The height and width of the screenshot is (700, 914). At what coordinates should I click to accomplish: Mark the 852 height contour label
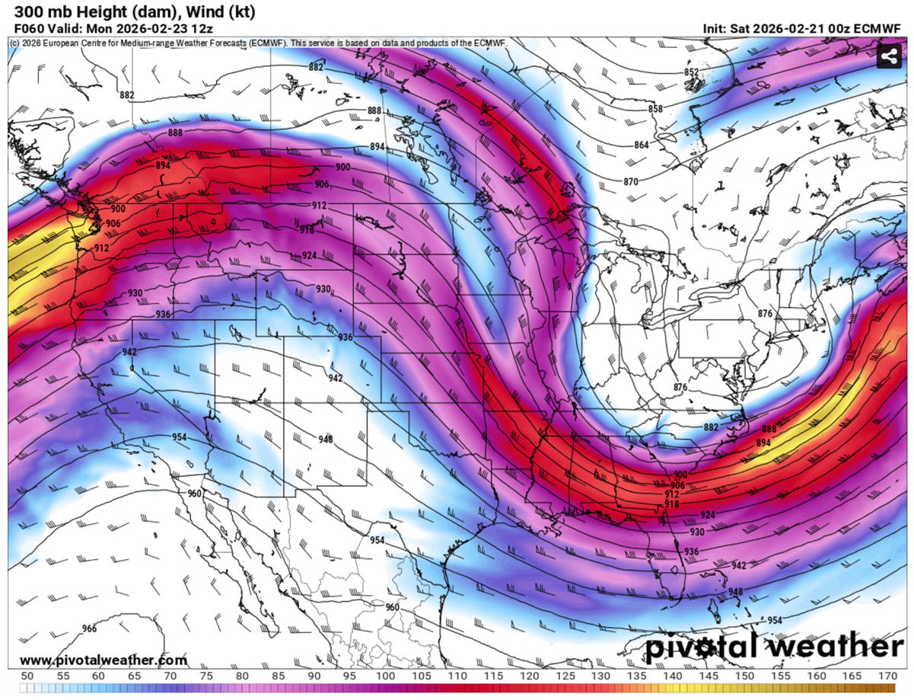coord(691,72)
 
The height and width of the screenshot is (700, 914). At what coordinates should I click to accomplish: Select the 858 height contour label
coord(655,110)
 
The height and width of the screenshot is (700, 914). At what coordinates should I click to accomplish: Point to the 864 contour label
coord(642,145)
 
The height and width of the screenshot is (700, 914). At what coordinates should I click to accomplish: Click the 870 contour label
coord(630,181)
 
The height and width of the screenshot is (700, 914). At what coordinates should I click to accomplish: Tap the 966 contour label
coord(89,628)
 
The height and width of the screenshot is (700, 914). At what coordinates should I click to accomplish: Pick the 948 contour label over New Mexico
coord(326,439)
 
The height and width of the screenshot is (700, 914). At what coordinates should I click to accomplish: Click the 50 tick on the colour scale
coord(27,676)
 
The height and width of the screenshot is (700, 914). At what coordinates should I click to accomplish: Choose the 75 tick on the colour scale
coord(206,676)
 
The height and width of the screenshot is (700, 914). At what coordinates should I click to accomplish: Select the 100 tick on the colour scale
coord(386,676)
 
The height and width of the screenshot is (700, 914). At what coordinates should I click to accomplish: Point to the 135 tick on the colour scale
coord(637,676)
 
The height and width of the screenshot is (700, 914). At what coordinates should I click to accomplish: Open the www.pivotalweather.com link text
coord(104,660)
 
